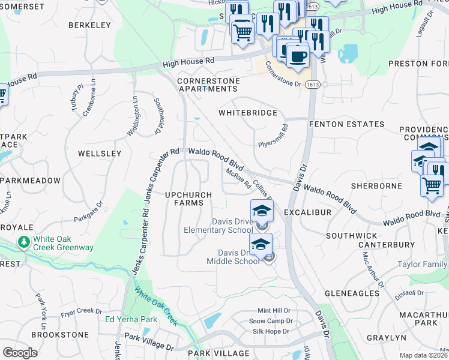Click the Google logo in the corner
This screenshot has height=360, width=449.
click(20, 353)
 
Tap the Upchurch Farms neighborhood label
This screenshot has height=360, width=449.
click(188, 199)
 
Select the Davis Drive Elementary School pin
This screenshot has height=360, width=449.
click(261, 211)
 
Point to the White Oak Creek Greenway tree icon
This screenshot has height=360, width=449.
click(24, 242)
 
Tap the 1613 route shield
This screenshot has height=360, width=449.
click(312, 85)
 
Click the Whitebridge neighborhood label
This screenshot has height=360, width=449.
click(248, 113)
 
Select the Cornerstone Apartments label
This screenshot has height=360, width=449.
click(208, 85)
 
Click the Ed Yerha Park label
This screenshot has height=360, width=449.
click(131, 319)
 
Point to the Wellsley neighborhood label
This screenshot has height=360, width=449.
click(100, 154)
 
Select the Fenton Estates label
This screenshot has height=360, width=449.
click(346, 124)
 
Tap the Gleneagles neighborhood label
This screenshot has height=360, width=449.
click(352, 293)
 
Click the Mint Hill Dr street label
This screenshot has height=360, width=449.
click(274, 311)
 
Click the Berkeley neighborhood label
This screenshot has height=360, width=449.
click(90, 25)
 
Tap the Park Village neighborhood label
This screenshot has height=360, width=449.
click(218, 353)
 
